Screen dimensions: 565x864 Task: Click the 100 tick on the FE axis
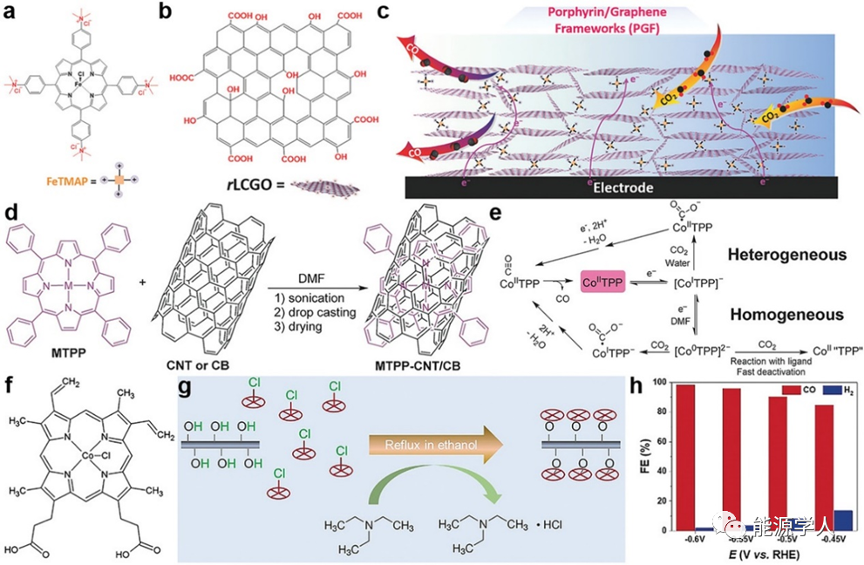(666, 383)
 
